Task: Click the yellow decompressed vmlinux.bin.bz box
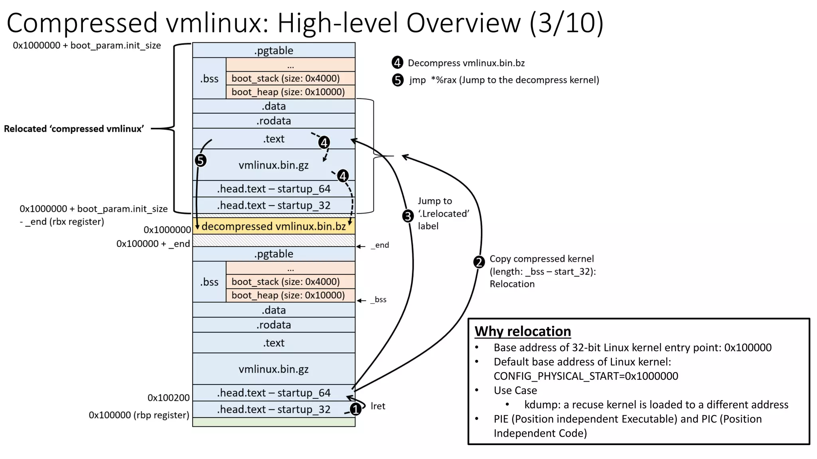274,226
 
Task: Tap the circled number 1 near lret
355,409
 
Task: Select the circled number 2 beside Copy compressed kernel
479,262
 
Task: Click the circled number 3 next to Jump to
407,216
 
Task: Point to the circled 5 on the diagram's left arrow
201,161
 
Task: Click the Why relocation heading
523,331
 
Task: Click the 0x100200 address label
168,398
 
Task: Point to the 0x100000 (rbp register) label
139,415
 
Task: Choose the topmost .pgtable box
274,51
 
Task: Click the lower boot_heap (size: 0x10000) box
288,295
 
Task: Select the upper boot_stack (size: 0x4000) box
286,78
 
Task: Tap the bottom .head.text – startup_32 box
274,409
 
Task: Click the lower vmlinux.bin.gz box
274,369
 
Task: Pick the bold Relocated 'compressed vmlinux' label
74,129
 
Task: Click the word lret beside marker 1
378,406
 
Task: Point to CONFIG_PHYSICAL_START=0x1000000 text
586,376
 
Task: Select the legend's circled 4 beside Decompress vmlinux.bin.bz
397,63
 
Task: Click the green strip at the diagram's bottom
274,422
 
